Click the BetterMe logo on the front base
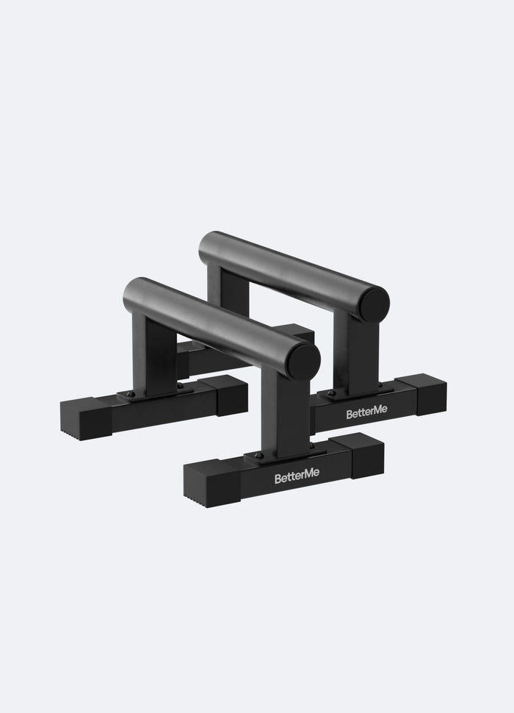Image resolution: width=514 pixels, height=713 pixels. click(x=297, y=478)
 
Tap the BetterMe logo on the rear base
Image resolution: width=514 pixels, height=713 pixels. click(x=366, y=413)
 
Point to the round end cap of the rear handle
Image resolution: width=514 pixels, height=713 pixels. click(x=373, y=304)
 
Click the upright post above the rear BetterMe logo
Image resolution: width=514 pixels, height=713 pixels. click(x=358, y=353)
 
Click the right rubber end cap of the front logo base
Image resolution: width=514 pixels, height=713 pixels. click(x=366, y=454)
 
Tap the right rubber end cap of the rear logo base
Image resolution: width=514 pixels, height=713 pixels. click(x=430, y=394)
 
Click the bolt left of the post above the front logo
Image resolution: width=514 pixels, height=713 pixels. click(x=258, y=456)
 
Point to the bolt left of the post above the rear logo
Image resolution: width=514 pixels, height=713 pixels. click(x=332, y=393)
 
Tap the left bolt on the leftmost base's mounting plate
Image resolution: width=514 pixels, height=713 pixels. click(x=131, y=394)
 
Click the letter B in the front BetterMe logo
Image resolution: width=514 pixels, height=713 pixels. click(x=278, y=479)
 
